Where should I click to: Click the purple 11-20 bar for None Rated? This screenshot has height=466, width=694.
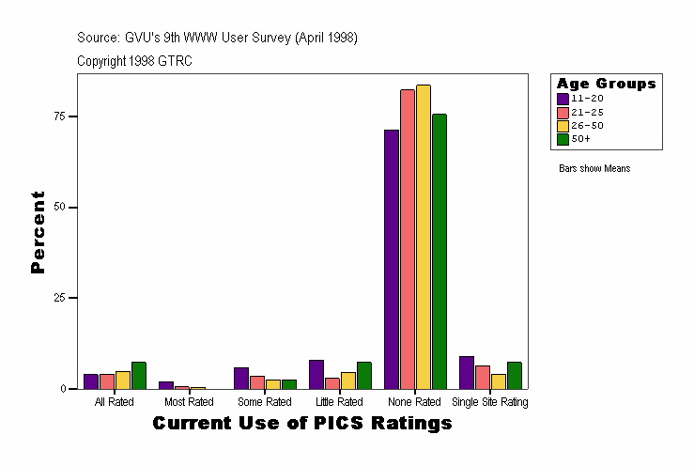click(392, 259)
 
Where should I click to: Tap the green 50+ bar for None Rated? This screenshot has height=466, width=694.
click(440, 251)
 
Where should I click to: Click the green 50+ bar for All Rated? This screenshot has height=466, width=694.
click(139, 375)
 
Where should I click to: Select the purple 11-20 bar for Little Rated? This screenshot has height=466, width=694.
click(316, 374)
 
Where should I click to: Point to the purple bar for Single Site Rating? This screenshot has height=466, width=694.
click(467, 372)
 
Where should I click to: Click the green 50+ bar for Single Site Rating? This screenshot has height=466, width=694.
click(515, 375)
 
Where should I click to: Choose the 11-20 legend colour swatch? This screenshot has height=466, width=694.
click(563, 98)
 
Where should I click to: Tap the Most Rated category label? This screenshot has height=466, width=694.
click(189, 402)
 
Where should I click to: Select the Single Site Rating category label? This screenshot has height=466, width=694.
click(490, 402)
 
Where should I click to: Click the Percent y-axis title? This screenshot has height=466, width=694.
click(39, 232)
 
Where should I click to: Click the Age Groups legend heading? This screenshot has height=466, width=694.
click(606, 84)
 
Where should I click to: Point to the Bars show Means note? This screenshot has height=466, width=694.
click(594, 168)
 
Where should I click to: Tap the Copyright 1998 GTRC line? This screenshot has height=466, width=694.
click(135, 60)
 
